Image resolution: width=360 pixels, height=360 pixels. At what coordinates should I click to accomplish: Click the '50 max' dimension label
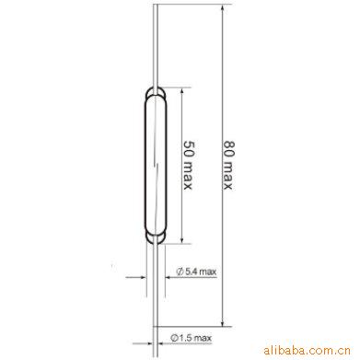[x=188, y=165]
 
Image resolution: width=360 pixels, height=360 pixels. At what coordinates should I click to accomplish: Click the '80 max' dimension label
[x=227, y=165]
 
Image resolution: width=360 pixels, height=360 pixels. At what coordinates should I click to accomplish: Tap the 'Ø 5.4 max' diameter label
[x=196, y=272]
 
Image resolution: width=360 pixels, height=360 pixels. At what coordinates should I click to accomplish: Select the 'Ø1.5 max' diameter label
[x=192, y=338]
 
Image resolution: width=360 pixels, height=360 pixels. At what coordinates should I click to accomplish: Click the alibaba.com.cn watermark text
[x=307, y=350]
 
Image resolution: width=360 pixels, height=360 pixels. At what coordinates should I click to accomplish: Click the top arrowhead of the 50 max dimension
[x=182, y=91]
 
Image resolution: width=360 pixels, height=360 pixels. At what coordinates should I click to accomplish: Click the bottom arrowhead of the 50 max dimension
[x=182, y=240]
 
